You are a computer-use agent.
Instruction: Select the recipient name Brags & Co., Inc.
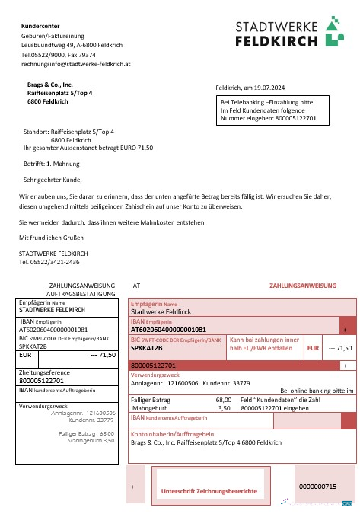[x=50, y=85]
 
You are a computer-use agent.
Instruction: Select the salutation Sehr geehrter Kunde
[x=52, y=180]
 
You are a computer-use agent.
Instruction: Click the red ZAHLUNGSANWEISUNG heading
[x=302, y=286]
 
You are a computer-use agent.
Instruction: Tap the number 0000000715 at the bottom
[x=317, y=486]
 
